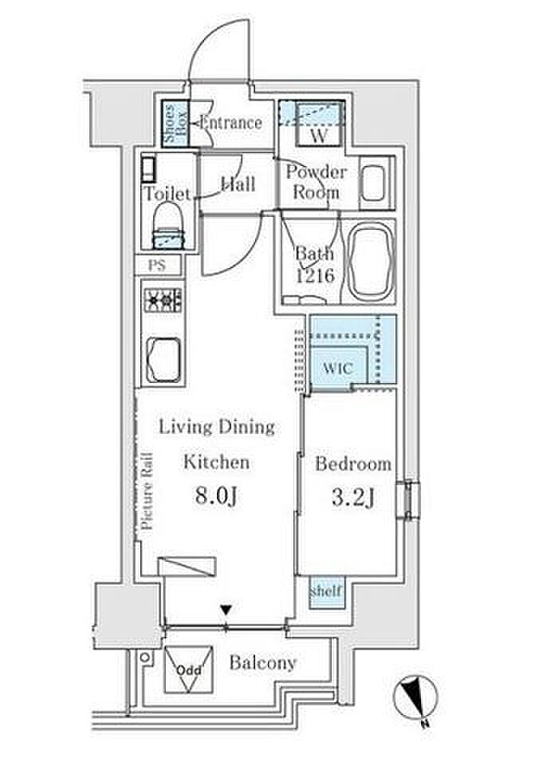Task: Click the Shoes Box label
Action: (x=175, y=124)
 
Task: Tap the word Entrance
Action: (x=231, y=122)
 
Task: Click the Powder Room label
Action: (x=317, y=182)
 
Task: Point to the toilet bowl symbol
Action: (x=169, y=225)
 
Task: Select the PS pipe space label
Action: (x=157, y=265)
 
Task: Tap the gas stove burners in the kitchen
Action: (x=163, y=299)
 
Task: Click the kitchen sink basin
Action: (x=163, y=360)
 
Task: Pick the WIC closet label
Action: (x=337, y=368)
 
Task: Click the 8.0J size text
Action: (x=217, y=497)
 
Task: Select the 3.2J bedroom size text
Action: (x=354, y=498)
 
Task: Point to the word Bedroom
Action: (x=353, y=464)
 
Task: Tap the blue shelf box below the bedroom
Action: (x=326, y=591)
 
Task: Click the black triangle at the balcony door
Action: (x=226, y=610)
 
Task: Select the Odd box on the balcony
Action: (x=188, y=669)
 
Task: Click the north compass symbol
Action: (x=416, y=697)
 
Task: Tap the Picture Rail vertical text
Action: (x=147, y=491)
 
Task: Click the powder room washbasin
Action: (x=374, y=183)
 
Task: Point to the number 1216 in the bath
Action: (x=316, y=275)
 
